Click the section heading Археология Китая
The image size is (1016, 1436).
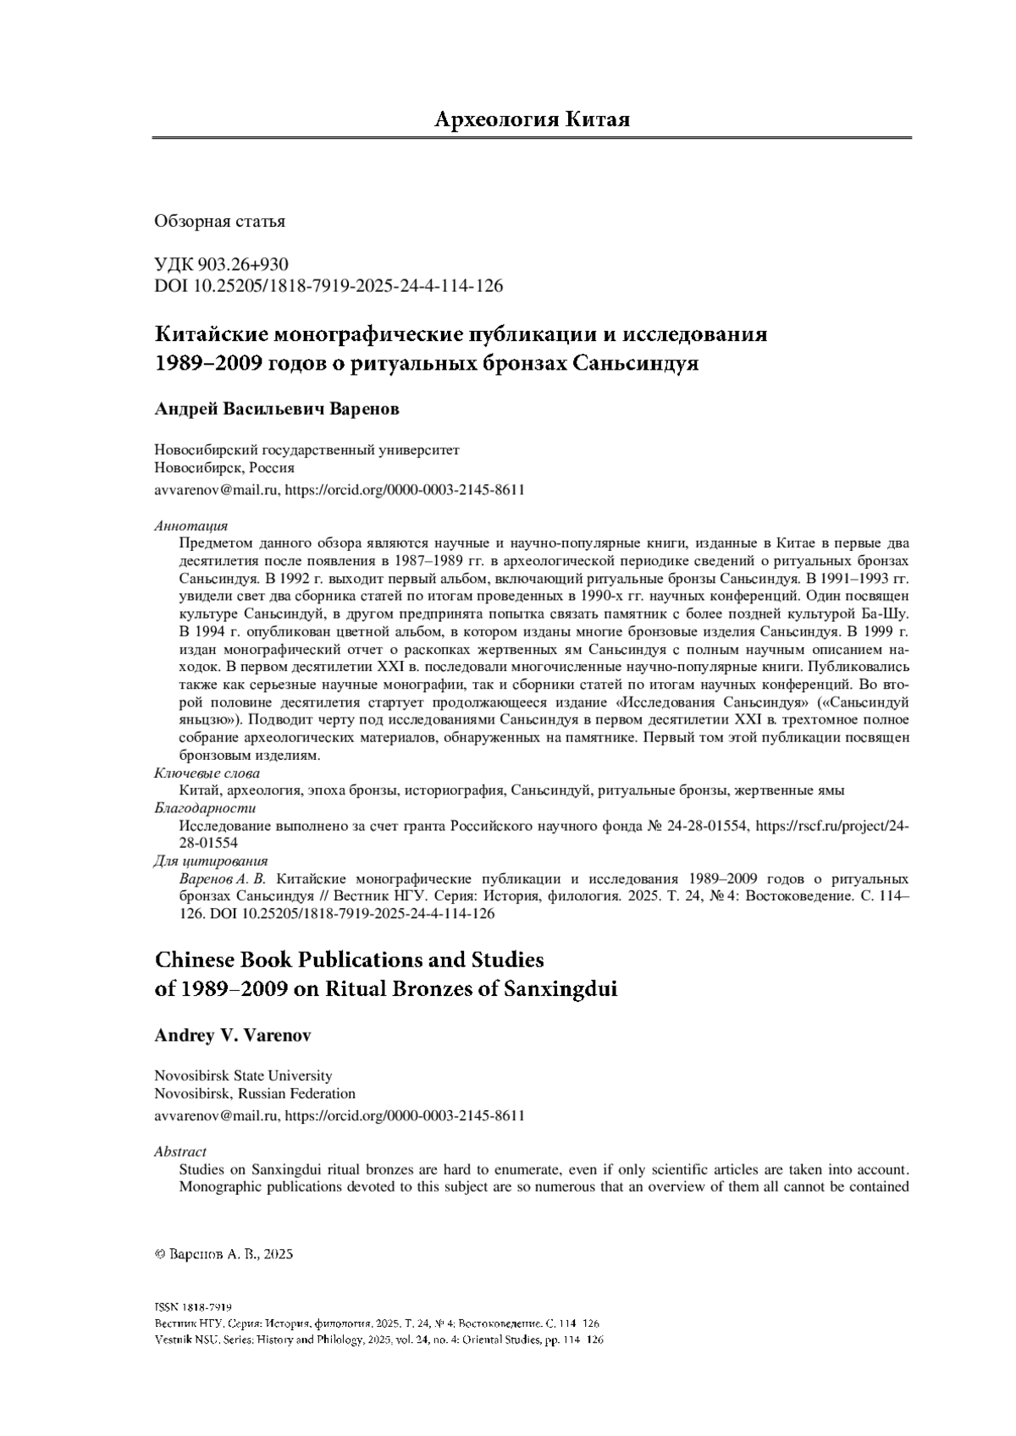532,119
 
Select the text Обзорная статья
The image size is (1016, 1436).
219,222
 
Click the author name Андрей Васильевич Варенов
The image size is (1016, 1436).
276,410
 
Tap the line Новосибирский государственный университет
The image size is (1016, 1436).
306,450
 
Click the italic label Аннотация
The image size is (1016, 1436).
190,526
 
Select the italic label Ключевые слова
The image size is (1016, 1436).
207,773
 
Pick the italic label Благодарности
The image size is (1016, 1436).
205,808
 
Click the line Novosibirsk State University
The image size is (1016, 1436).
243,1076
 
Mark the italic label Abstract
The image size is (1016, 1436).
180,1152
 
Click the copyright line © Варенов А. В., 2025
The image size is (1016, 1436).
224,1256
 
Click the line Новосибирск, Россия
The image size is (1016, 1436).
224,468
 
